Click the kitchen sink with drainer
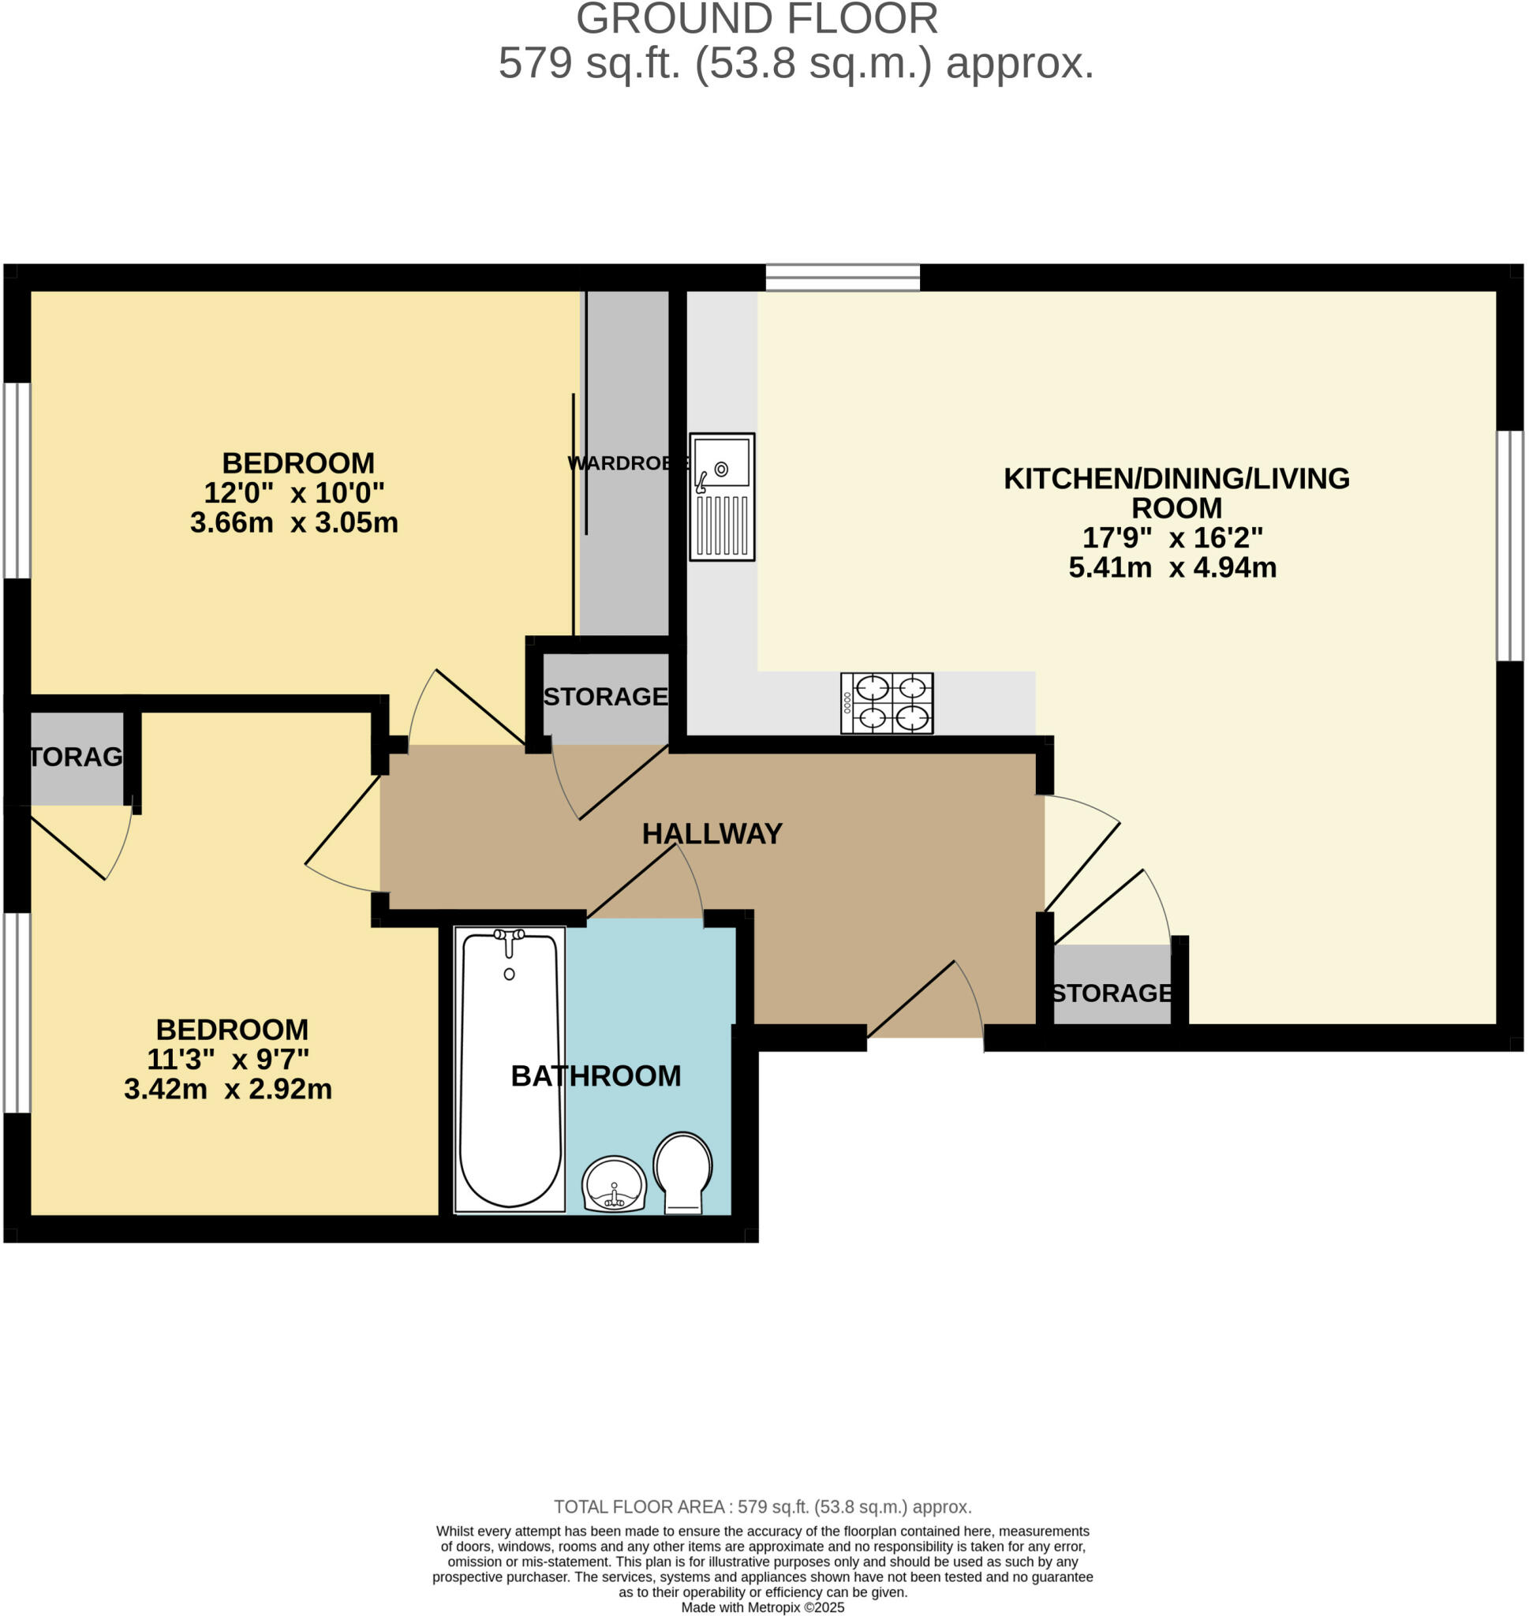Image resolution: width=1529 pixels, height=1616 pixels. tap(721, 496)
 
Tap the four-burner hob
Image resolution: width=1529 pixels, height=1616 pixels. tap(887, 702)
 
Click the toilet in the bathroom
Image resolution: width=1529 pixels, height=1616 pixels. tap(683, 1172)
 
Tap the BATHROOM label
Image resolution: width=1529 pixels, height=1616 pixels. tap(596, 1075)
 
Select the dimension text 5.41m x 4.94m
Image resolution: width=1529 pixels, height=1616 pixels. tap(1172, 567)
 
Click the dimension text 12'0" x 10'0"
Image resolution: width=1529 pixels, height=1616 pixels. tap(293, 492)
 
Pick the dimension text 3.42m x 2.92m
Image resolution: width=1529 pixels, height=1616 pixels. tap(228, 1089)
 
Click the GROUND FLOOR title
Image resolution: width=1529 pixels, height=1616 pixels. tap(757, 20)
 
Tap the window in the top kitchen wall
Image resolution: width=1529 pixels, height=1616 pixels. tap(843, 277)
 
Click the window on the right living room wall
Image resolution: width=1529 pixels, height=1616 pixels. tap(1509, 545)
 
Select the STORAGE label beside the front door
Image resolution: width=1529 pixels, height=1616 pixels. tap(1112, 993)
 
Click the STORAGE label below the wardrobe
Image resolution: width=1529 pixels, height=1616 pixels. tap(606, 696)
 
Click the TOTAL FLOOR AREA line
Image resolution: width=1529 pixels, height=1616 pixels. tap(763, 1507)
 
